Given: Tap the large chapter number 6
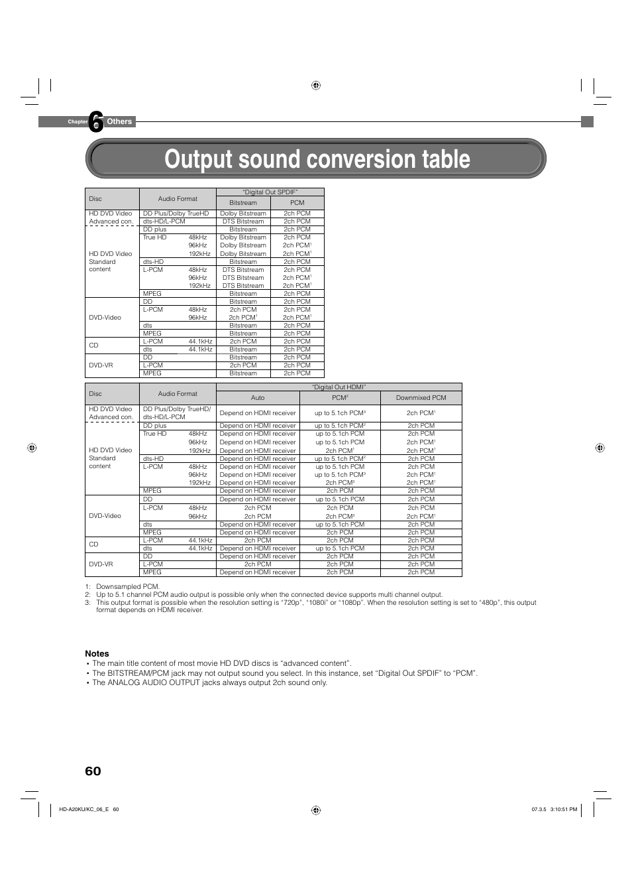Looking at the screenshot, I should point(97,121).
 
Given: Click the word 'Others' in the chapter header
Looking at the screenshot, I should point(119,121).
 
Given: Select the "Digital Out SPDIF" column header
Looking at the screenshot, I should point(270,192).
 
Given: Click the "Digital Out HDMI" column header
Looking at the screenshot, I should point(339,387).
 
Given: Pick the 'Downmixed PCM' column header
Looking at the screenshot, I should point(421,398).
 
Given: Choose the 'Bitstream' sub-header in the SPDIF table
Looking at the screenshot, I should point(243,203).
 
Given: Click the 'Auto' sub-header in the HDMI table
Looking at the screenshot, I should point(258,398).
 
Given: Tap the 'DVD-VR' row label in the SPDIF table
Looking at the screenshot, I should point(101,365).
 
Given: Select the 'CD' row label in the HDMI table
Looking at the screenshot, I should point(93,544).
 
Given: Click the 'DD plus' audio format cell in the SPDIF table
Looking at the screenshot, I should point(155,229).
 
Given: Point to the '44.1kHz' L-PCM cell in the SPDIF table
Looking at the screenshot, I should point(200,342).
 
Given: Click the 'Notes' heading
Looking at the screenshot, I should point(97,653).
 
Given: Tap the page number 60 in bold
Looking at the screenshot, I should point(93,771).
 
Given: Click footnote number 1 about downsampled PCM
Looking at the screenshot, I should point(87,587).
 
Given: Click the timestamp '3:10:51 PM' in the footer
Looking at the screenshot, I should point(564,809).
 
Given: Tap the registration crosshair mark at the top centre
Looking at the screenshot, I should point(316,86).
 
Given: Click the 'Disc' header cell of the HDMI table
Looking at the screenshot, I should point(95,394).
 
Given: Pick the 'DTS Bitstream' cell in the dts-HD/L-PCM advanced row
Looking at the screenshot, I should point(243,222).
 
